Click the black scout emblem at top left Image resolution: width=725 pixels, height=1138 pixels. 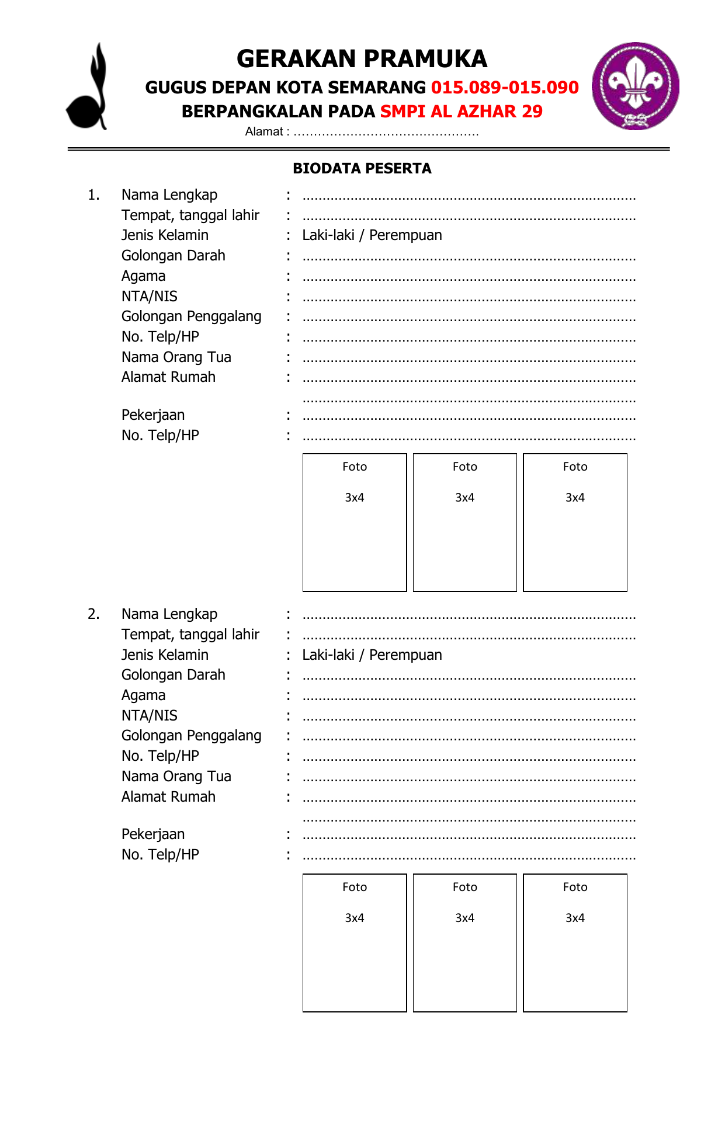[88, 88]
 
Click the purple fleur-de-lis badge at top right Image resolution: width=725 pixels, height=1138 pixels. [635, 86]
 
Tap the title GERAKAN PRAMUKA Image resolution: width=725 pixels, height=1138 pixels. [362, 59]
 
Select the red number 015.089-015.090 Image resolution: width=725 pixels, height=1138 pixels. [505, 88]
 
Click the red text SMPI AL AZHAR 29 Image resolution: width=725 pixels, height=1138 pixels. [461, 112]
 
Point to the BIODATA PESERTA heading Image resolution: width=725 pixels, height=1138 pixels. [362, 169]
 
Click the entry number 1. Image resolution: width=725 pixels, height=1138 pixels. [93, 195]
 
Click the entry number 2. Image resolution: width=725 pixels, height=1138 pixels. [93, 614]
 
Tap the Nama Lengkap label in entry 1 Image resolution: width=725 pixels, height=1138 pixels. [169, 195]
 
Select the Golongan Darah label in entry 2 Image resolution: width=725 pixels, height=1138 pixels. [173, 675]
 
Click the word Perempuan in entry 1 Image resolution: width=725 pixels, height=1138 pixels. [405, 235]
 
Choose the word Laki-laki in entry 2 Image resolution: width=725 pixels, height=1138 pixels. [328, 655]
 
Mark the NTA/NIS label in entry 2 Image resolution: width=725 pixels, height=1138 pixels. [150, 716]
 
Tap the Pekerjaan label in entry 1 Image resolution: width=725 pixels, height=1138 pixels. [153, 415]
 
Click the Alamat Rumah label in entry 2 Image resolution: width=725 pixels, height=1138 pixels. [168, 797]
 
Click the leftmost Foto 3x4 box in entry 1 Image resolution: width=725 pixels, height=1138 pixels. [355, 523]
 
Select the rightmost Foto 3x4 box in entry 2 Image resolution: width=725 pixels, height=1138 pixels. [575, 942]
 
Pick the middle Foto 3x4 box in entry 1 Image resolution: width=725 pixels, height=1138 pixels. [464, 523]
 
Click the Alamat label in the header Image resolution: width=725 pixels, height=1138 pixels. [264, 132]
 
